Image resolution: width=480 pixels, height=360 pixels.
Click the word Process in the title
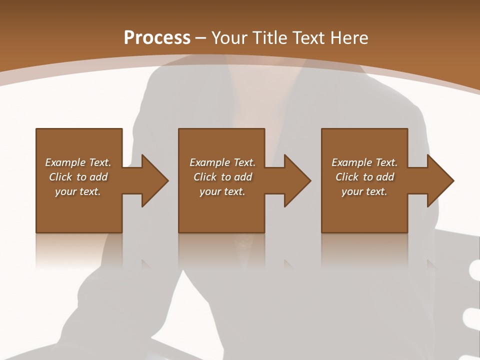point(157,38)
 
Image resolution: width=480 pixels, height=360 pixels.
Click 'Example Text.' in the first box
point(78,162)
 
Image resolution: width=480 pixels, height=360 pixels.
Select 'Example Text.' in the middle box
point(222,162)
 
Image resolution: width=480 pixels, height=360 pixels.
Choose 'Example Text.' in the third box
point(364,162)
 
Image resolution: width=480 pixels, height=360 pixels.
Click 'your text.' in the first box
point(78,191)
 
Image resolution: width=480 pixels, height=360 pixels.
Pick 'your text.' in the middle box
point(222,191)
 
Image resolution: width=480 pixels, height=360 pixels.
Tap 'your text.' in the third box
point(364,191)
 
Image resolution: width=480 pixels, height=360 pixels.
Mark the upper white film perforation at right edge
point(474,271)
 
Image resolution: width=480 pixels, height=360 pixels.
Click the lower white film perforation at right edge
point(472,316)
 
